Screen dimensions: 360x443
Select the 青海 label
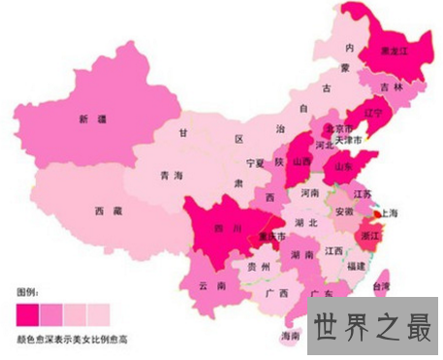(x=171, y=176)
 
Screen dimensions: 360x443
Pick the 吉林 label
(x=392, y=86)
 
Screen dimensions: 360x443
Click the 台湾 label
(x=383, y=287)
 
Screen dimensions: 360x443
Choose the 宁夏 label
(x=255, y=162)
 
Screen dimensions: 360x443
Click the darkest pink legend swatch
(x=28, y=311)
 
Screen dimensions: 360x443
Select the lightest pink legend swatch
(x=99, y=311)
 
